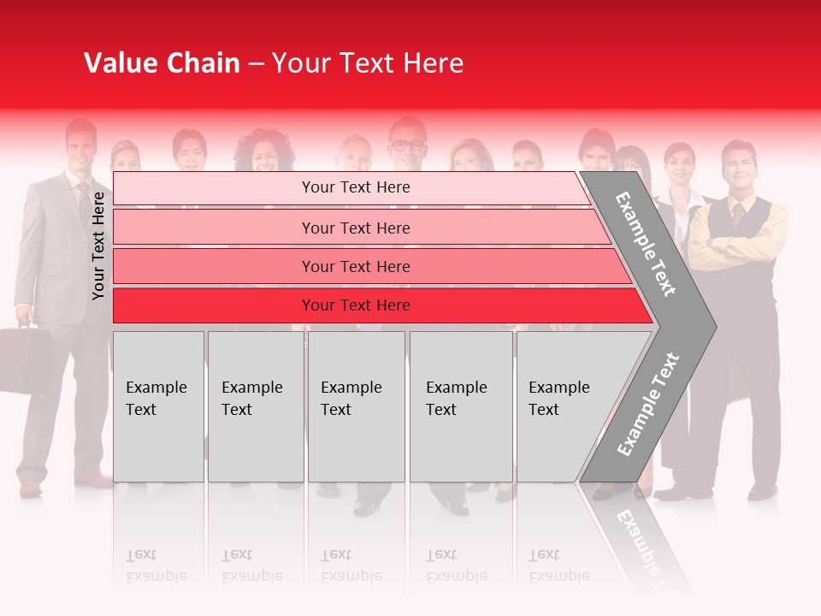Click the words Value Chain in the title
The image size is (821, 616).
coord(162,63)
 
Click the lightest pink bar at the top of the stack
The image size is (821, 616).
coord(355,187)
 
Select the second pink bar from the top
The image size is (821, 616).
coord(355,228)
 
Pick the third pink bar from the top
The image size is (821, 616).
coord(355,266)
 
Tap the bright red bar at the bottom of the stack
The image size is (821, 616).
coord(355,305)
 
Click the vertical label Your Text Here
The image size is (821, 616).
coord(98,246)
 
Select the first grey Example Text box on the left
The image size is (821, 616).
coord(158,406)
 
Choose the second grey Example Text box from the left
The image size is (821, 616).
coord(255,406)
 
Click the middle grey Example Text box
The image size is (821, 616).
coord(356,406)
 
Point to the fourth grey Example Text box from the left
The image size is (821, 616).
coord(461,406)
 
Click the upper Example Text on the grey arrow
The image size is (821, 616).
coord(646,244)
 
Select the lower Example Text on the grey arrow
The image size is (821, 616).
coord(648,404)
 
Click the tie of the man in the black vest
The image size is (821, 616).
coord(736,214)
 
